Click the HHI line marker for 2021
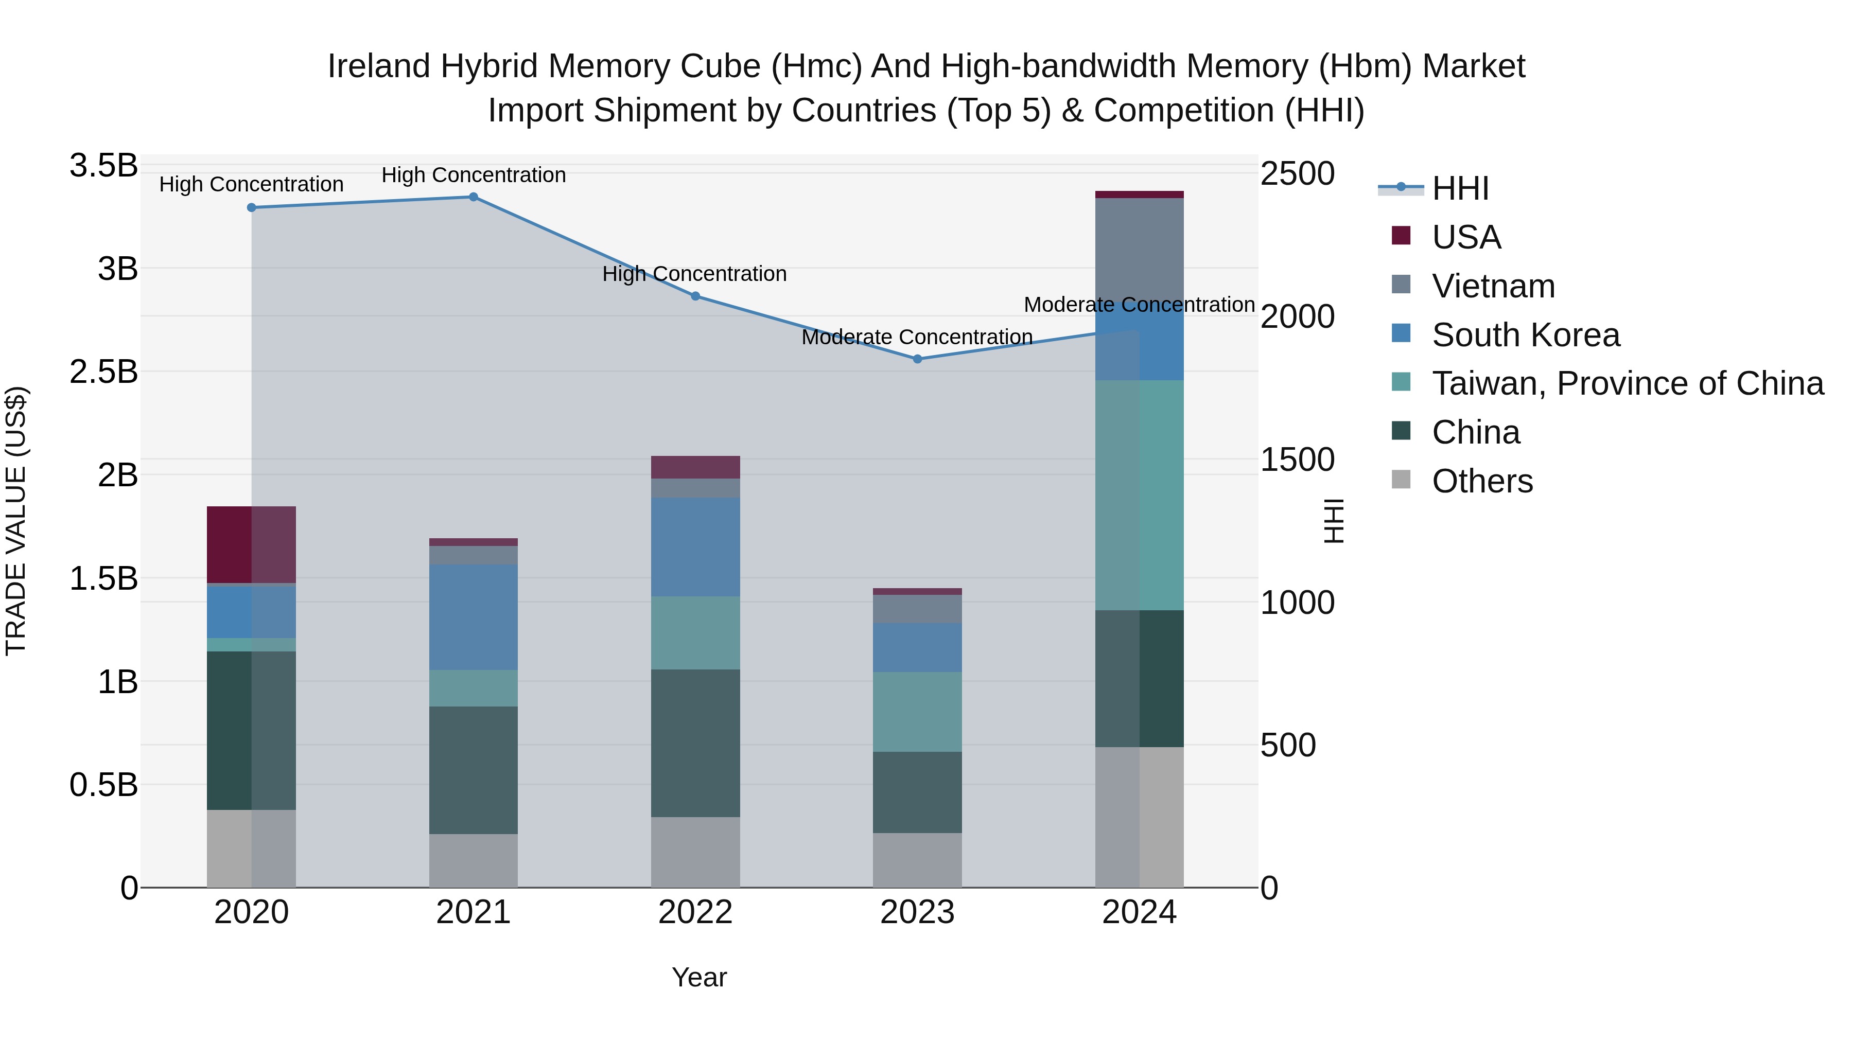[x=474, y=197]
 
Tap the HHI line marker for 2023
[x=917, y=359]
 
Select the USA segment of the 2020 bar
[x=251, y=544]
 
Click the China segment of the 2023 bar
[x=917, y=792]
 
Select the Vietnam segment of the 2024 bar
[x=1140, y=252]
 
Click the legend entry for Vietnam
[x=1493, y=286]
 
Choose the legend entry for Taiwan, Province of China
[x=1627, y=383]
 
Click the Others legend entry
[x=1482, y=481]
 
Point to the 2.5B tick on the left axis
[x=103, y=372]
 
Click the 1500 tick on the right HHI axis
[x=1297, y=460]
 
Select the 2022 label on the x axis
[x=695, y=912]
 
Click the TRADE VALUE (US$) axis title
[x=16, y=521]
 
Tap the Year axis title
[x=699, y=977]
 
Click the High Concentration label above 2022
[x=694, y=274]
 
